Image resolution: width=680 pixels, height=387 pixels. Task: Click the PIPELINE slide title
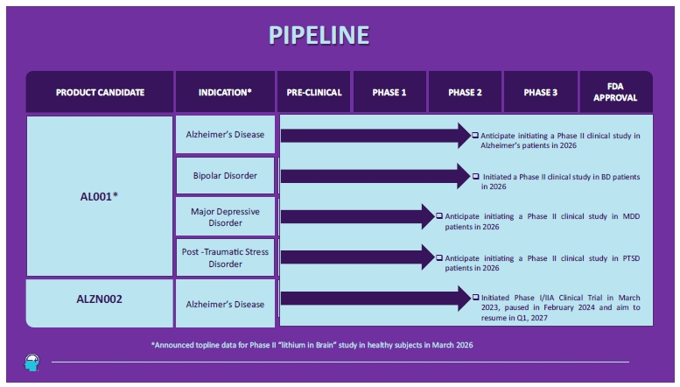(x=319, y=35)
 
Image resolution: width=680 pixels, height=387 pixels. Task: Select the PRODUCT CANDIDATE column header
(x=100, y=93)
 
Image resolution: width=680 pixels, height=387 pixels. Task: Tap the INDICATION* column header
(x=225, y=93)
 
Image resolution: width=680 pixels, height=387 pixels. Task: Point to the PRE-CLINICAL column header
(x=314, y=93)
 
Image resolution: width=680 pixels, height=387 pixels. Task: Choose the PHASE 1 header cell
(x=389, y=93)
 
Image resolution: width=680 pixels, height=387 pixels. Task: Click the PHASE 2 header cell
(x=465, y=93)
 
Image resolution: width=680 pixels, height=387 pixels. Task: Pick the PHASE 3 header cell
(x=540, y=93)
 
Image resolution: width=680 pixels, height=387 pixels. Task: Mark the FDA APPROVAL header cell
(x=615, y=93)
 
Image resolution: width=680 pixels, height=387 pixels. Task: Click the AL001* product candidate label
(x=99, y=196)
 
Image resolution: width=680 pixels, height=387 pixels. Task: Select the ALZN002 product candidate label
(x=99, y=299)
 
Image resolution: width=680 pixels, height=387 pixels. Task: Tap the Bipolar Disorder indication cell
(x=225, y=176)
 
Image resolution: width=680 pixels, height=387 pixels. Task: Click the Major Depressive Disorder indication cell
(x=225, y=217)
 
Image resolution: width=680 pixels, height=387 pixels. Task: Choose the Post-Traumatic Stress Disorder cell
(x=225, y=257)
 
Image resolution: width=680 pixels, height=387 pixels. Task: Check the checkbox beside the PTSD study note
(x=439, y=257)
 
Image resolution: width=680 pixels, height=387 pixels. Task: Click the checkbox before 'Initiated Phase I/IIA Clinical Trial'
(x=476, y=297)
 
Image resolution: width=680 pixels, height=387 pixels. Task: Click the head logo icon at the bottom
(x=32, y=362)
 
